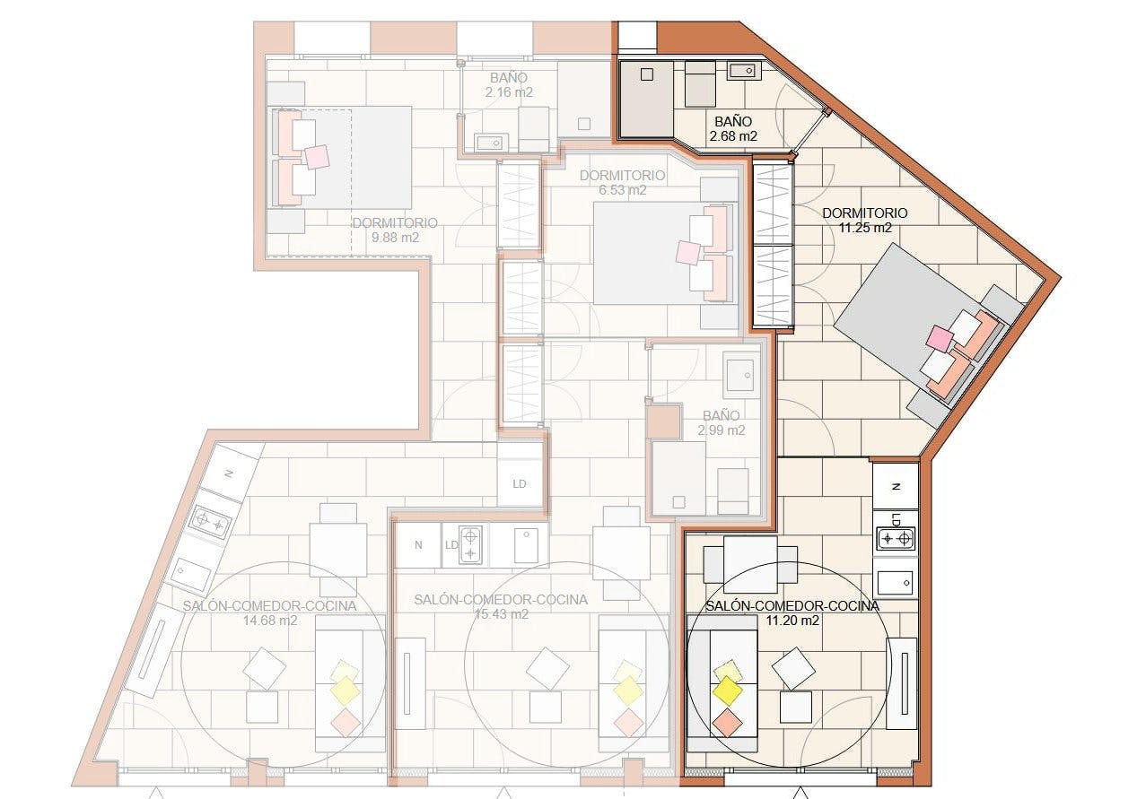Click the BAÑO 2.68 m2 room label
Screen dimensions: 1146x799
pyautogui.click(x=732, y=129)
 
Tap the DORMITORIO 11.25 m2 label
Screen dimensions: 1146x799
pyautogui.click(x=864, y=221)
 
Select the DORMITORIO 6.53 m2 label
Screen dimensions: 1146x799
pyautogui.click(x=622, y=183)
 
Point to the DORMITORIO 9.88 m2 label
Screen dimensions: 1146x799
pyautogui.click(x=395, y=230)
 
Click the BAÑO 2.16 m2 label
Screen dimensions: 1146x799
pyautogui.click(x=509, y=85)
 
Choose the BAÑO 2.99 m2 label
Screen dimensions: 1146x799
pyautogui.click(x=721, y=422)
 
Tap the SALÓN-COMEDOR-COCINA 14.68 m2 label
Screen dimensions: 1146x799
pyautogui.click(x=269, y=612)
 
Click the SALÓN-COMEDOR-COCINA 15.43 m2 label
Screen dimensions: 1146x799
pyautogui.click(x=501, y=607)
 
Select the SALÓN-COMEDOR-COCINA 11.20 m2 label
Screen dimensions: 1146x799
pyautogui.click(x=792, y=612)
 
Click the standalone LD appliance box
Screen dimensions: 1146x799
pyautogui.click(x=520, y=483)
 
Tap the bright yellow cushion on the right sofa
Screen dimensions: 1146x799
pyautogui.click(x=727, y=690)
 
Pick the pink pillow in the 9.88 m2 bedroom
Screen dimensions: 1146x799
pyautogui.click(x=317, y=157)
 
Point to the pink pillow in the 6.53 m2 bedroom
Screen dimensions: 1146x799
pyautogui.click(x=688, y=253)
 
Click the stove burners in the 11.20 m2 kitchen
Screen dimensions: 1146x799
pyautogui.click(x=896, y=538)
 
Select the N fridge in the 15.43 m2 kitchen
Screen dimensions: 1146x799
pyautogui.click(x=418, y=545)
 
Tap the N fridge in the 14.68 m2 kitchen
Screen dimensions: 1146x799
pyautogui.click(x=229, y=473)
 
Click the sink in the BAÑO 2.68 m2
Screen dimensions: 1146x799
pyautogui.click(x=745, y=71)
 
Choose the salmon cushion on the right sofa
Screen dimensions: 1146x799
pyautogui.click(x=727, y=723)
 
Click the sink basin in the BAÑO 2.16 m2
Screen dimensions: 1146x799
pyautogui.click(x=491, y=143)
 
